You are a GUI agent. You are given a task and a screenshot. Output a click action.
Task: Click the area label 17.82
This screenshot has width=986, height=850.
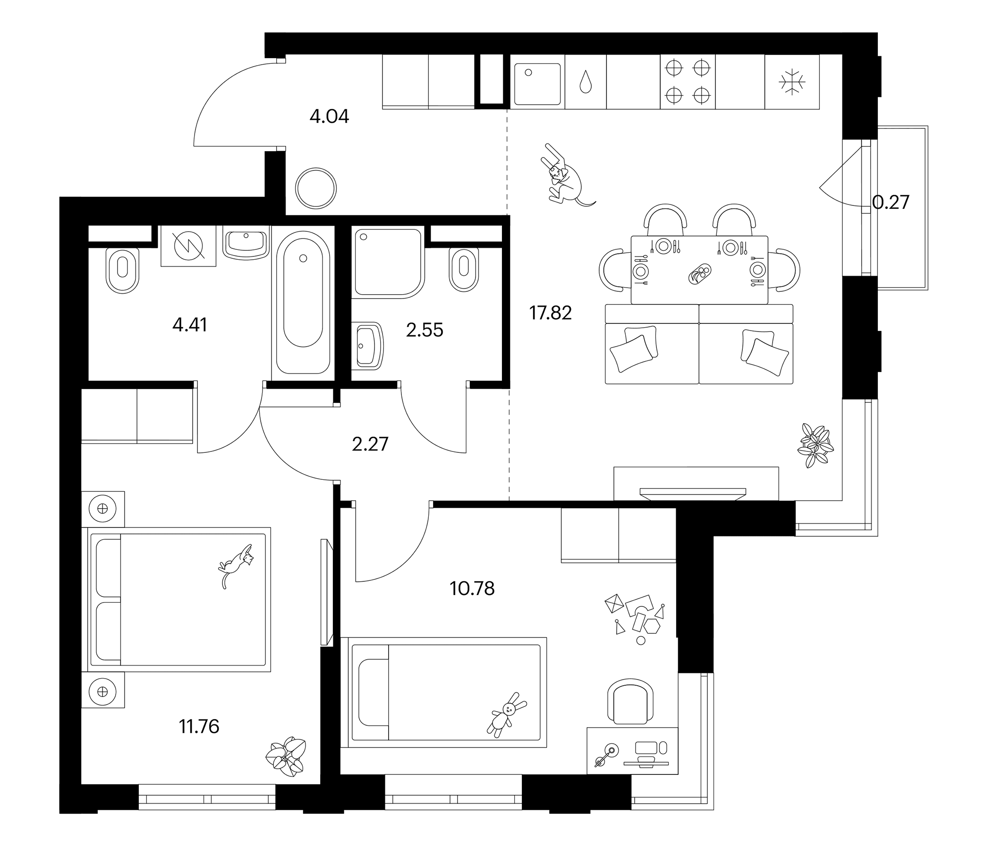pos(550,313)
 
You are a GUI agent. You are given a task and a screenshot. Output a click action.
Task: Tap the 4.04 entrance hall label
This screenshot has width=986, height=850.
pos(329,116)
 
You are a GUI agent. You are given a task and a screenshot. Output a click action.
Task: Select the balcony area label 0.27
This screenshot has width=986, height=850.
pos(890,202)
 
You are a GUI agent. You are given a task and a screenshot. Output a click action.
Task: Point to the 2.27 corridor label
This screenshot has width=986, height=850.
pos(370,444)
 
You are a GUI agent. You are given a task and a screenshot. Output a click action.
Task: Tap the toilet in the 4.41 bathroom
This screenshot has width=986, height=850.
pos(123,270)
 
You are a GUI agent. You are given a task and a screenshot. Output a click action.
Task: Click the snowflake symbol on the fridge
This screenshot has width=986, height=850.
pos(792,82)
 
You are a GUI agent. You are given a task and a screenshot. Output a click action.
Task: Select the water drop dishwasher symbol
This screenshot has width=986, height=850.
pos(585,82)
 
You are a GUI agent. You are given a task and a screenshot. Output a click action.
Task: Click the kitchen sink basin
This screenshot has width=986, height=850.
pos(537,84)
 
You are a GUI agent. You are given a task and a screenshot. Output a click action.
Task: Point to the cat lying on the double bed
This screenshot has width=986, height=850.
pos(236,565)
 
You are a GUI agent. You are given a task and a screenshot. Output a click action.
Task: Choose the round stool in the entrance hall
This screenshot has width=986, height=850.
pos(315,188)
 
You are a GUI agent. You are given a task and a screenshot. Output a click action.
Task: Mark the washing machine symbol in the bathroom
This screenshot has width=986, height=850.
pos(188,245)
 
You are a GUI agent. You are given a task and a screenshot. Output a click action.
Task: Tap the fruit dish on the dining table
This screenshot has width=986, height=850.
pos(699,274)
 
